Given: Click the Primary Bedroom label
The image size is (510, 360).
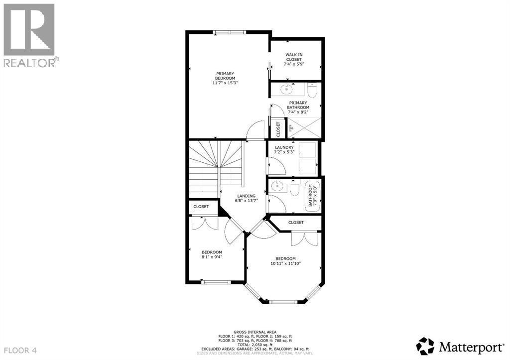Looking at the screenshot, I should coord(225,79).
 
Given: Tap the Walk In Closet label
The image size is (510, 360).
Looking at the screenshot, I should coord(294,59).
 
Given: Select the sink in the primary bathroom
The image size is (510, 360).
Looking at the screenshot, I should coord(286,90).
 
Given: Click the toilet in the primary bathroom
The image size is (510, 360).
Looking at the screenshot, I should coord(312,91).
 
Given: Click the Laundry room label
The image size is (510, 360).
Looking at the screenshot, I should coord(284,149).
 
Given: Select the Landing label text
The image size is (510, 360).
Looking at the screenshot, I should coord(246,198).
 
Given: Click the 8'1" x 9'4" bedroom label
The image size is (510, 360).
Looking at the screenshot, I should coord(212,255).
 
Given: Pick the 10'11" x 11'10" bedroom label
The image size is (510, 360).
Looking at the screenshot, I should coord(286,261).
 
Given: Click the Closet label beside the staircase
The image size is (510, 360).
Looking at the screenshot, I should coord(201,206).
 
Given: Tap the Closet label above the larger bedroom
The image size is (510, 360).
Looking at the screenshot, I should coord(296,223).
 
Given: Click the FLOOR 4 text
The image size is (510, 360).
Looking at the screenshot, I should coord(20,351).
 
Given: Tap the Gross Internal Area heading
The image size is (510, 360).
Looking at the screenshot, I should coord(255,331).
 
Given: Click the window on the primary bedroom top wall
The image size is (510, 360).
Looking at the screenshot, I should coord(230,32).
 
